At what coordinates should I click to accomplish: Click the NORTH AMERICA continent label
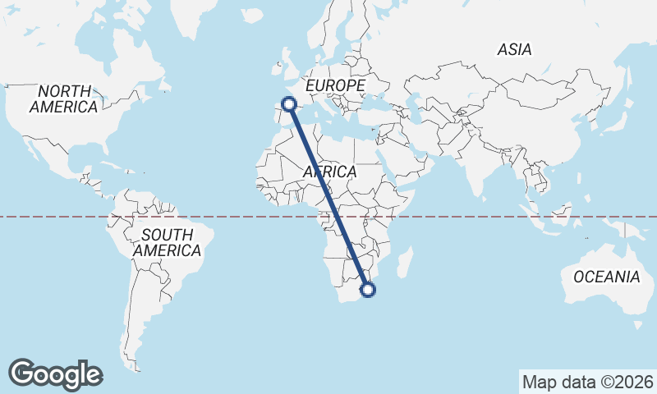tap(63, 98)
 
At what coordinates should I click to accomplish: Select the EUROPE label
tap(334, 85)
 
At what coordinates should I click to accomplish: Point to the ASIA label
tap(514, 50)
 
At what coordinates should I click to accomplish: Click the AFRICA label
tap(329, 172)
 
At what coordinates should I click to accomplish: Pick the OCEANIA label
tap(606, 277)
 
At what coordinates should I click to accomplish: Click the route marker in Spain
tap(288, 103)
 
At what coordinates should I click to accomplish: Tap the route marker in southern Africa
tap(368, 289)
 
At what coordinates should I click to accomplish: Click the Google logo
tap(55, 373)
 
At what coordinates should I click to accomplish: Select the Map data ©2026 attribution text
tap(587, 382)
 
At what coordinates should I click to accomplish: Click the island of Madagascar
tap(403, 265)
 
